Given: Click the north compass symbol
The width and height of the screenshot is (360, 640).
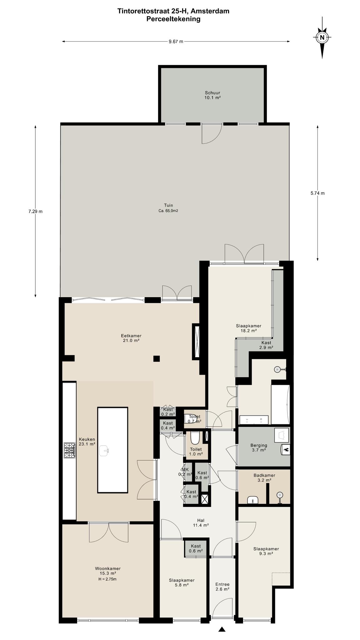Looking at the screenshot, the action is tap(322, 38).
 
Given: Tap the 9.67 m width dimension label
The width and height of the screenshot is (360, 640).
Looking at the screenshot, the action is tap(176, 41).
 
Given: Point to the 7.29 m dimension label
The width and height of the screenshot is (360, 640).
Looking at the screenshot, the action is tap(35, 211).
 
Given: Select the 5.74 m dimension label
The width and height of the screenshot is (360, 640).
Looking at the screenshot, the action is tap(317, 193).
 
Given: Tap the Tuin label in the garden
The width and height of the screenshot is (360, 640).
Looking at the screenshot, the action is tap(168, 205).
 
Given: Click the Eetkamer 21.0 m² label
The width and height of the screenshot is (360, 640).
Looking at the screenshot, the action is tap(131, 338).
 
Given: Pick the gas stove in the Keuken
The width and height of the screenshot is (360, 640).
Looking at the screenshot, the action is tap(70, 450).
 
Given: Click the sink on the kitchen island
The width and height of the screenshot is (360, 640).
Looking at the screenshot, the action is tap(104, 451).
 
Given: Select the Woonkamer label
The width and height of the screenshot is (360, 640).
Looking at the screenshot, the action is tap(108, 568).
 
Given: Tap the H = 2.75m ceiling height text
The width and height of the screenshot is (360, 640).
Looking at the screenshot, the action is tap(107, 579).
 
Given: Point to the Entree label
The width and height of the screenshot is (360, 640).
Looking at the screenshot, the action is tap(222, 584).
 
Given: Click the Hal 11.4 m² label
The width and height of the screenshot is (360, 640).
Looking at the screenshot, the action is tap(201, 523).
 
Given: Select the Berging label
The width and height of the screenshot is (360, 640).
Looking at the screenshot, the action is tap(259, 445).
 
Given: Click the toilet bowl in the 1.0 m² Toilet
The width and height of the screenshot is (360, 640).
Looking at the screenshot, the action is tap(195, 438).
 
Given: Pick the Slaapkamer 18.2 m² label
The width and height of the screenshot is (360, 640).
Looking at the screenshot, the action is tap(249, 328).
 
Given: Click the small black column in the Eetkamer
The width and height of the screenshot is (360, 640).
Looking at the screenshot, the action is tap(157, 358).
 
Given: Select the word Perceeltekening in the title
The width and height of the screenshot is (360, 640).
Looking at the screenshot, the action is tap(173, 19).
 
